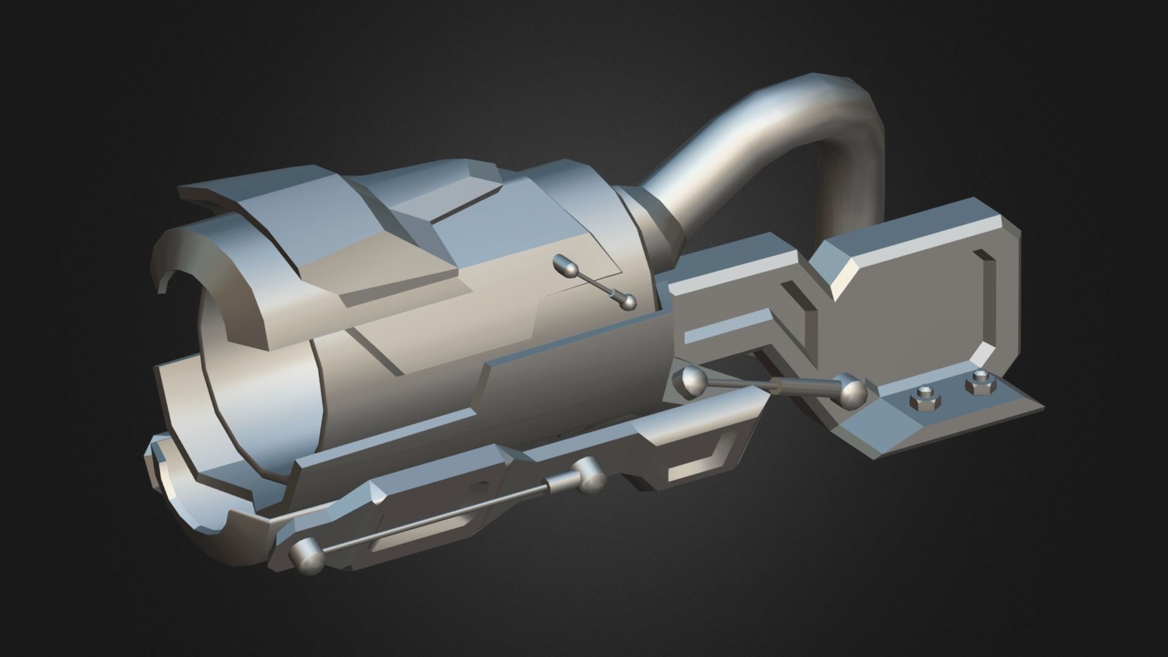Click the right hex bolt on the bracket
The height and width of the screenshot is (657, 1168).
(x=976, y=385)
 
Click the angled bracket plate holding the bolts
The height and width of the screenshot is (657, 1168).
(x=937, y=420)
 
